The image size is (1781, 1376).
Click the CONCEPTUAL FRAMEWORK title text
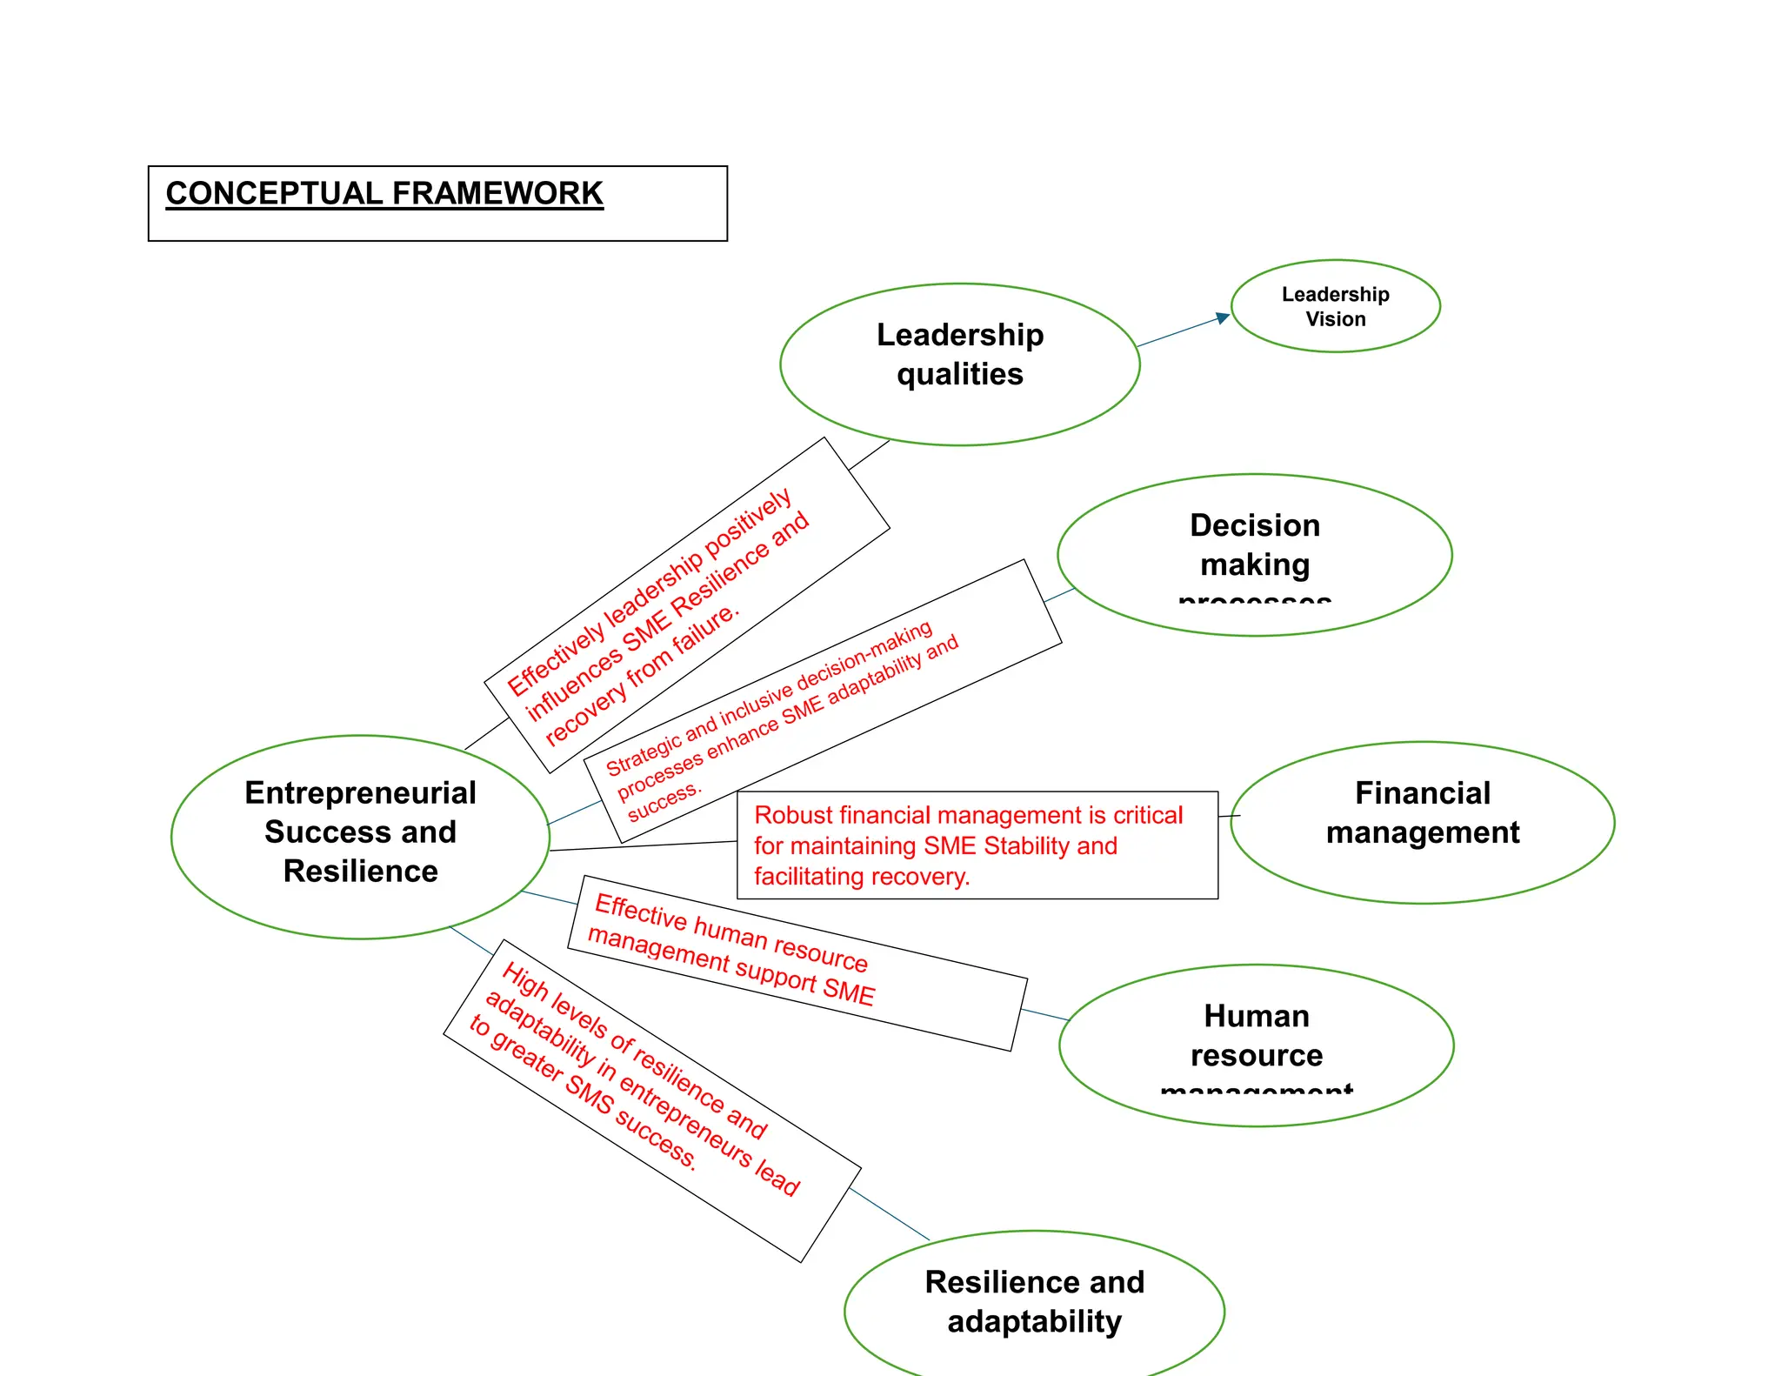pos(384,193)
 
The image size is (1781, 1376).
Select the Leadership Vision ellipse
pos(1336,306)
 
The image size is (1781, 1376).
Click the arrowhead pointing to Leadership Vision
pos(1224,317)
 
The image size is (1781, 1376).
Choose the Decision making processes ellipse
pos(1254,554)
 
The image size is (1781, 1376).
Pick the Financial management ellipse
pos(1423,822)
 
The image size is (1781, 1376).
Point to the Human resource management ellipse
pos(1256,1045)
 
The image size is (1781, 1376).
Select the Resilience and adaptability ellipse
pos(1034,1303)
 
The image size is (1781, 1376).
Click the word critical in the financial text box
pos(1148,816)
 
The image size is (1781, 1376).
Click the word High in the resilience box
pos(525,982)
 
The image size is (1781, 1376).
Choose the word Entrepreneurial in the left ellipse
pos(360,793)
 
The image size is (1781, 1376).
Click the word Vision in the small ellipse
pos(1336,319)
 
